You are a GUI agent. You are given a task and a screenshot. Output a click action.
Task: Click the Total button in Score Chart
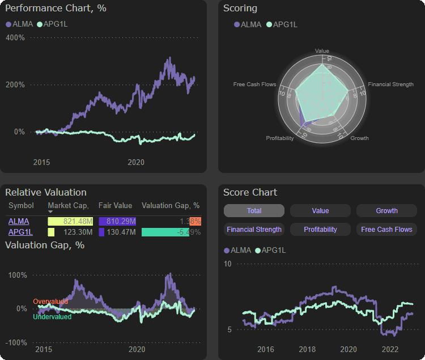[x=254, y=211]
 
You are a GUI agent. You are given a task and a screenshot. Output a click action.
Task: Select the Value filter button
[x=320, y=211]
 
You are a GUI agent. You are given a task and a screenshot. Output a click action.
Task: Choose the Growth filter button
[x=386, y=211]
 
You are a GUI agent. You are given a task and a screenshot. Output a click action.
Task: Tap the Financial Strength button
[x=254, y=230]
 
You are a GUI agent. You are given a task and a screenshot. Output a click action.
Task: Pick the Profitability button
[x=320, y=230]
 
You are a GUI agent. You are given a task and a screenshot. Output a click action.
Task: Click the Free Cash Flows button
[x=386, y=230]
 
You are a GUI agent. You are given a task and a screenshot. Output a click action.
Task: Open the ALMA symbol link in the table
[x=19, y=221]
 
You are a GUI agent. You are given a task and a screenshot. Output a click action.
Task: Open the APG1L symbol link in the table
[x=20, y=232]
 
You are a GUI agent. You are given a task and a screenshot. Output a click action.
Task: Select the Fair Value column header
[x=115, y=206]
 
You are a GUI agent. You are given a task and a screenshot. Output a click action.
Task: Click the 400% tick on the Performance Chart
[x=15, y=38]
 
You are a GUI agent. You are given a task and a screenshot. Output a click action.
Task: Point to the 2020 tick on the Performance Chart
[x=136, y=163]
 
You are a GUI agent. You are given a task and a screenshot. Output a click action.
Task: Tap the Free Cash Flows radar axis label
[x=254, y=84]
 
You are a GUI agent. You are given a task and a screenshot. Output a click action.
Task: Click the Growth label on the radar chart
[x=359, y=138]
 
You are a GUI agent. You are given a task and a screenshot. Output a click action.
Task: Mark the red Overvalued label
[x=50, y=302]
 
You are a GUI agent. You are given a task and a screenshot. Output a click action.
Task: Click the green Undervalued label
[x=52, y=317]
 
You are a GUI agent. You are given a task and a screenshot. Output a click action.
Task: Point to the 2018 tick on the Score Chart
[x=307, y=349]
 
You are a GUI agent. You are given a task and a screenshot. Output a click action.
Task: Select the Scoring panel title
[x=240, y=9]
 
